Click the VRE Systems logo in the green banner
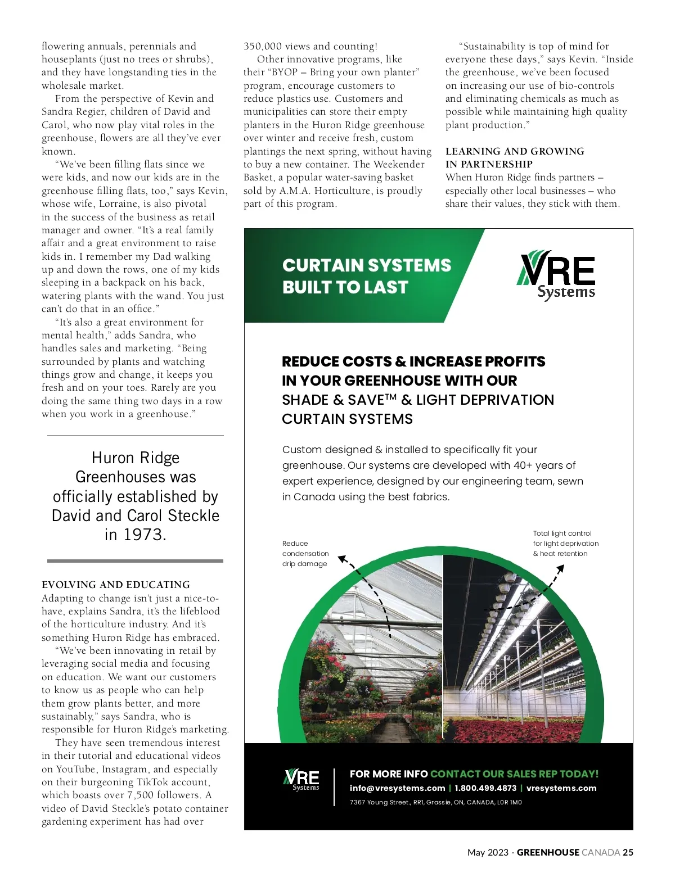tap(556, 275)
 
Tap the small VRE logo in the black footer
tap(301, 780)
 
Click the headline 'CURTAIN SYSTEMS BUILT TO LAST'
tap(366, 276)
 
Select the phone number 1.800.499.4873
tap(485, 788)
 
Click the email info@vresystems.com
tap(397, 788)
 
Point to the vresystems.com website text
tap(561, 788)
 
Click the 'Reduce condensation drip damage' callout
tap(305, 554)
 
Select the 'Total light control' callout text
tap(565, 544)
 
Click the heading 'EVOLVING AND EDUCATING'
tap(116, 585)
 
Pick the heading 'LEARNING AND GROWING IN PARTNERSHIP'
tap(514, 157)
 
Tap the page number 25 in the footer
tap(628, 852)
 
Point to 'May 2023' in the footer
tap(487, 852)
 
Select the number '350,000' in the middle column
tap(263, 46)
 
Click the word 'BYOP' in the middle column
tap(284, 72)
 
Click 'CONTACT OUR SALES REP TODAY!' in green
tap(514, 774)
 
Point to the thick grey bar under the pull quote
tap(135, 561)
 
